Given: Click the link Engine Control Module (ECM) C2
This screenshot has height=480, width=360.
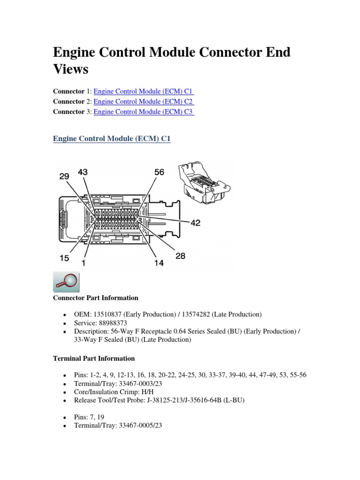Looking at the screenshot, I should tap(143, 101).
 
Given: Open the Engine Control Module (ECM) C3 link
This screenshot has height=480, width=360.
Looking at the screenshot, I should tap(143, 112).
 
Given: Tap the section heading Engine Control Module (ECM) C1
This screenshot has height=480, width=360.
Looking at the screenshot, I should tap(112, 139).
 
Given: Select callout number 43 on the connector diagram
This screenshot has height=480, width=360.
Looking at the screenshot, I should tap(82, 172).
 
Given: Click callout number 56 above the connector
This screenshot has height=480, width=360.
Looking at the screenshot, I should tap(159, 172).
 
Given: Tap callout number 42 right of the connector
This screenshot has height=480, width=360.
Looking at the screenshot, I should tap(195, 223).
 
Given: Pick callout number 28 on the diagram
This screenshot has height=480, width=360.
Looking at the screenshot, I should tap(180, 255).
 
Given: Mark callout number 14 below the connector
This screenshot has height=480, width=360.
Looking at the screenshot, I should tap(159, 263).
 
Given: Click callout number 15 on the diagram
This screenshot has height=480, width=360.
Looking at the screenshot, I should tap(64, 258).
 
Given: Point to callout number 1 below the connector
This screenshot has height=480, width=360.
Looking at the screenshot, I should tap(84, 262).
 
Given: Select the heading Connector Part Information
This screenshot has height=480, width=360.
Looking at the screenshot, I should tap(96, 298).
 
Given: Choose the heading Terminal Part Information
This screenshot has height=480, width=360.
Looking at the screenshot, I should tap(94, 358).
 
